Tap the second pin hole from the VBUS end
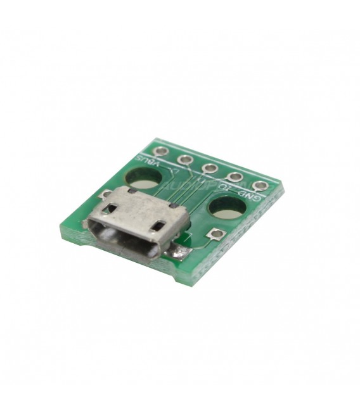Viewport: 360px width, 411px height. click(186, 160)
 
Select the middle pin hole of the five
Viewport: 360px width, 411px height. click(211, 168)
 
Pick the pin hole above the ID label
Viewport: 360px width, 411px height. click(235, 177)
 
